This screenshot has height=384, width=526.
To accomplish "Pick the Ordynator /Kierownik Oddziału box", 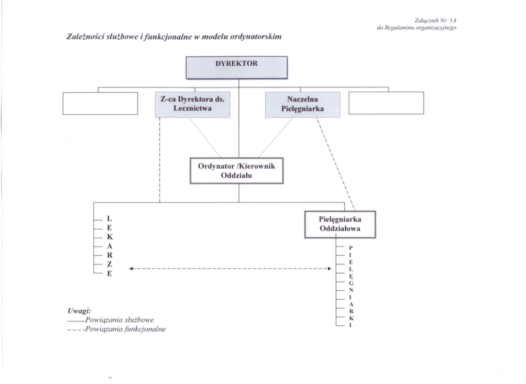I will click(238, 170).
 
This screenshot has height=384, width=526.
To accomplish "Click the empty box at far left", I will click(100, 103).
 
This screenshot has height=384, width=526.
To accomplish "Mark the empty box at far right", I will click(387, 103).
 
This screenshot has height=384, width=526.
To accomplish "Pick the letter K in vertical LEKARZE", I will click(110, 237).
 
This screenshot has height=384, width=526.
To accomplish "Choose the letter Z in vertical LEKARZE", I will click(110, 264).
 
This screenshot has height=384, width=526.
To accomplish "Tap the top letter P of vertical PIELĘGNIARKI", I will click(350, 248).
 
